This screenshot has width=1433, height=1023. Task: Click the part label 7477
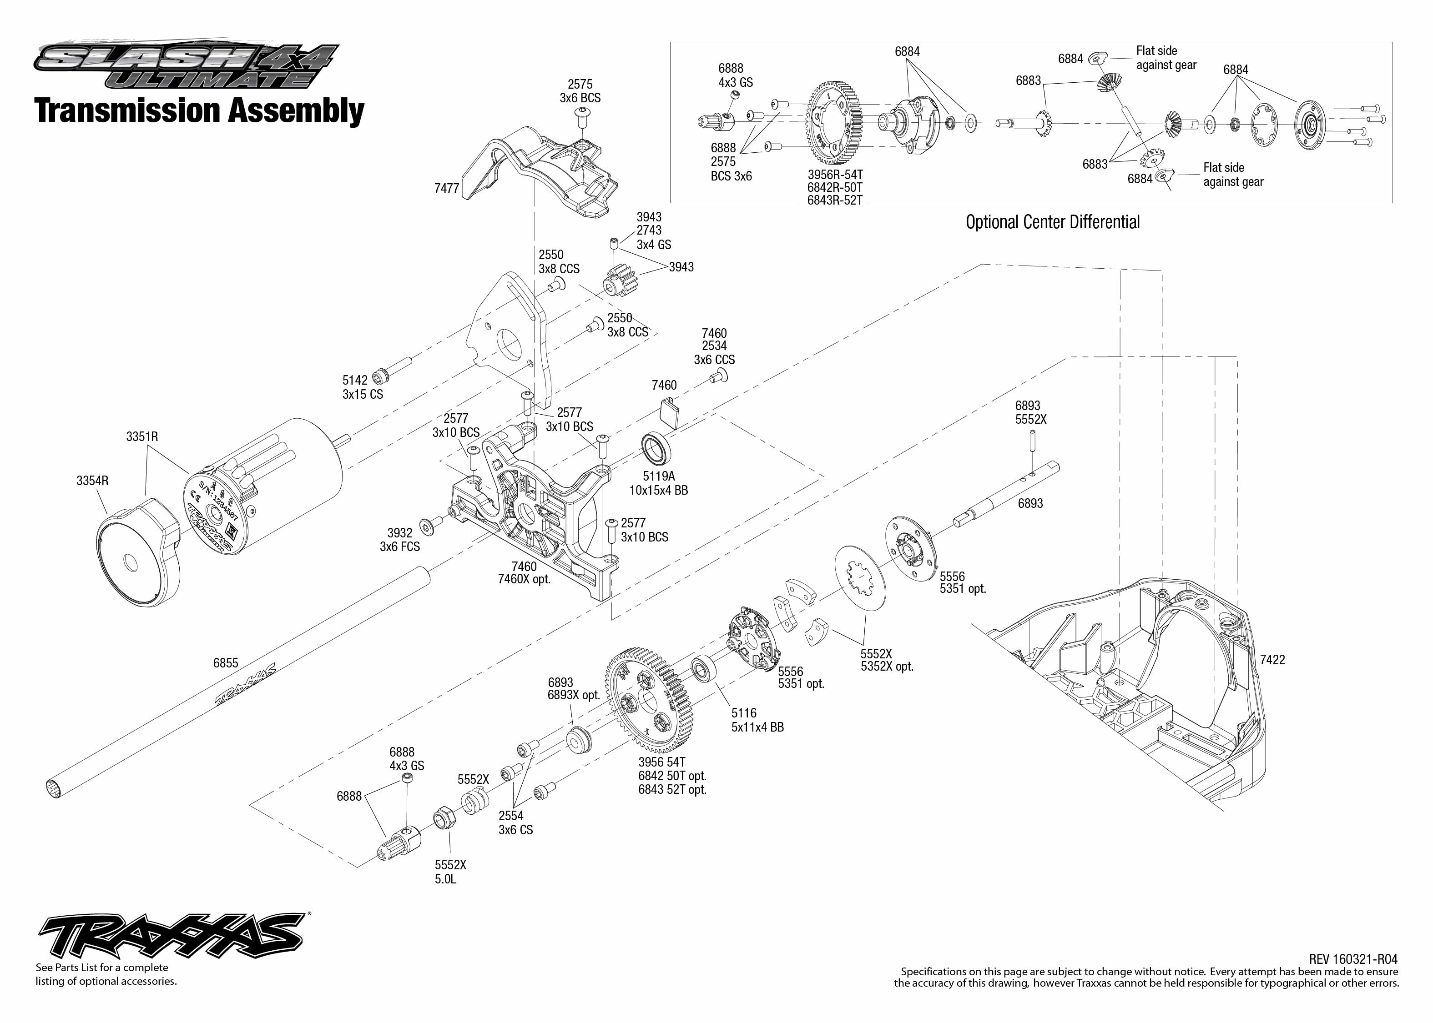pyautogui.click(x=446, y=188)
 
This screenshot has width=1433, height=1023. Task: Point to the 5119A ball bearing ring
pyautogui.click(x=656, y=449)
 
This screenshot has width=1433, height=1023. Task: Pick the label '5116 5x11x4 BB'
pyautogui.click(x=757, y=720)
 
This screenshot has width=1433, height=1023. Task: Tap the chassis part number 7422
pyautogui.click(x=1272, y=660)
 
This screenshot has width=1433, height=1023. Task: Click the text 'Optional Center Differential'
pyautogui.click(x=1052, y=222)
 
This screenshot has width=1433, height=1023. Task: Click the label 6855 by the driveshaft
pyautogui.click(x=226, y=663)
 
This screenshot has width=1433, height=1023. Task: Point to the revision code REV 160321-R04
pyautogui.click(x=1353, y=959)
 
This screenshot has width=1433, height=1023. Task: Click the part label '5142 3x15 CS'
pyautogui.click(x=363, y=387)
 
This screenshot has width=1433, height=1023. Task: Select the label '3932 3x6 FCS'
pyautogui.click(x=399, y=540)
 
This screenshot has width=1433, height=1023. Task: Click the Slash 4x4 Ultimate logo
pyautogui.click(x=187, y=65)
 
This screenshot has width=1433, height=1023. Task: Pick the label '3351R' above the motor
pyautogui.click(x=142, y=436)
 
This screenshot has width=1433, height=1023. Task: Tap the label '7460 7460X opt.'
pyautogui.click(x=524, y=572)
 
